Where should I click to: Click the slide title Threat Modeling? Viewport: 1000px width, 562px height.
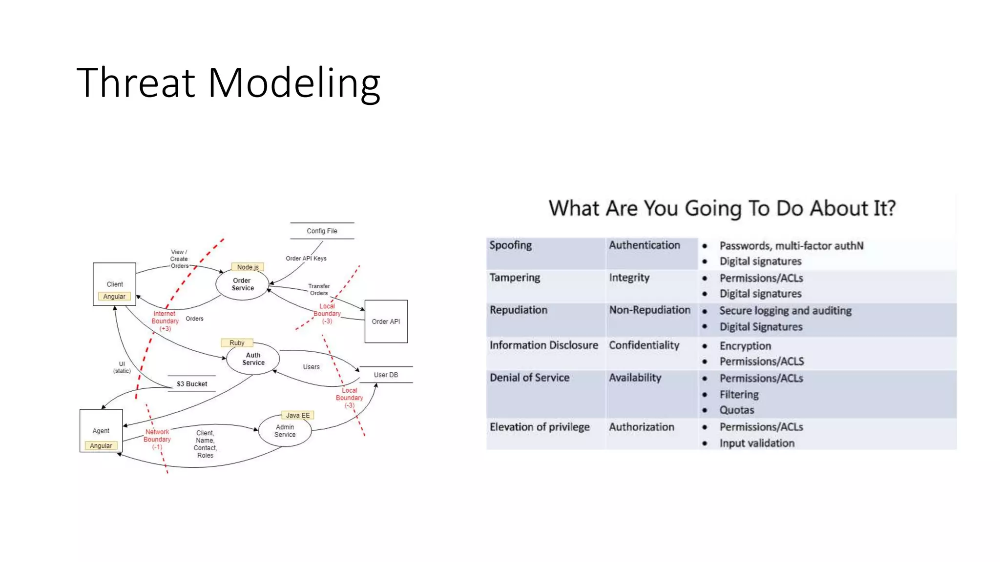pos(228,83)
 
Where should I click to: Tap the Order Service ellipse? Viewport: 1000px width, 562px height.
pos(242,284)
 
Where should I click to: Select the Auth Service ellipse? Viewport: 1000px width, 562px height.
pos(253,359)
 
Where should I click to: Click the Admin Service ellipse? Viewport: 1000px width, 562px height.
pos(285,431)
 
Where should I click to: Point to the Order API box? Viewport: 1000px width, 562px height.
pos(386,321)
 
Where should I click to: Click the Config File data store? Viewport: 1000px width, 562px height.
pos(322,231)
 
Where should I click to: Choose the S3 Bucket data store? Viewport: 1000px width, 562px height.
pos(192,384)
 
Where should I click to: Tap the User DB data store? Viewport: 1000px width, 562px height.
pos(386,375)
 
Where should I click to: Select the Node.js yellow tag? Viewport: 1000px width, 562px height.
pos(248,267)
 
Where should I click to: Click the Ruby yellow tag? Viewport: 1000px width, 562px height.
pos(237,343)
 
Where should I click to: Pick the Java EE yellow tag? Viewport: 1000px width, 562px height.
pos(297,416)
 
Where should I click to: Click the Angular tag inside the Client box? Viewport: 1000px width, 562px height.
pos(114,297)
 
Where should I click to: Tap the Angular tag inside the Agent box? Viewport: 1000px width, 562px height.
pos(101,446)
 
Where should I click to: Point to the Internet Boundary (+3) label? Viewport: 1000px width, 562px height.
pos(165,321)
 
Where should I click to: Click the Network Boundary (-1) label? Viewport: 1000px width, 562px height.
pos(157,439)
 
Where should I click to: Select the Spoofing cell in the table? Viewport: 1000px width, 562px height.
pos(511,245)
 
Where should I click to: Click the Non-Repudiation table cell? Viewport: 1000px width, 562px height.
pos(649,310)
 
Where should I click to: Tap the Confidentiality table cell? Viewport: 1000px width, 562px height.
pos(644,345)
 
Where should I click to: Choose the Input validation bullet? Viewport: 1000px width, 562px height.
pos(756,443)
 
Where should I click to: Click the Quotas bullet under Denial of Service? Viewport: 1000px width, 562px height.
pos(736,410)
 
